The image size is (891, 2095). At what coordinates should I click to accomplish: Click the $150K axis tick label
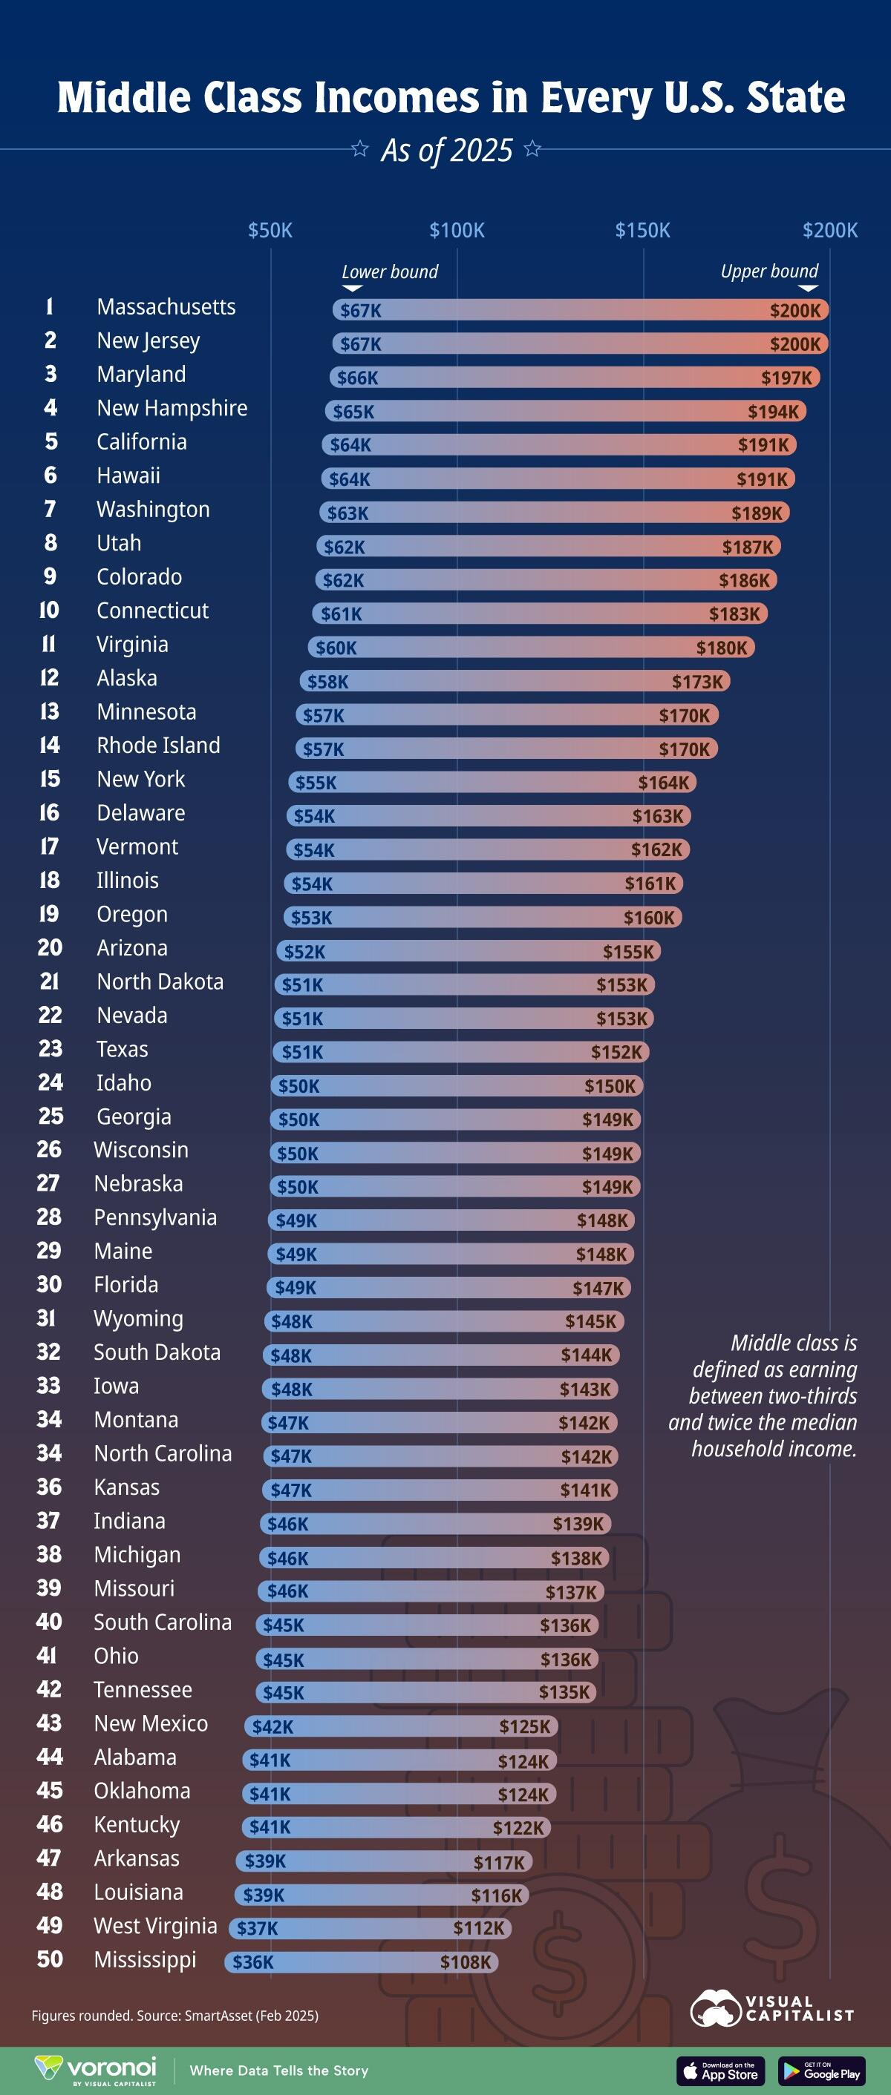click(x=642, y=230)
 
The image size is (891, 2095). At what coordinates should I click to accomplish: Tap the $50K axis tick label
click(x=270, y=230)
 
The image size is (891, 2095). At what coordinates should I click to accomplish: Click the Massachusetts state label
click(x=166, y=306)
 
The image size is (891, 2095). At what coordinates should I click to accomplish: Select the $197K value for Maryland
click(x=786, y=378)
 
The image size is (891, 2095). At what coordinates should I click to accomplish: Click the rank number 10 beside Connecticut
click(x=50, y=610)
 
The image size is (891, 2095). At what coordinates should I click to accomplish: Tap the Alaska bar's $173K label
click(x=696, y=682)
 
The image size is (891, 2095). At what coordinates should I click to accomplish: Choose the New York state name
click(x=141, y=779)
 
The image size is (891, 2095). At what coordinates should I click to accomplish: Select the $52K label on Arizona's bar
click(x=304, y=952)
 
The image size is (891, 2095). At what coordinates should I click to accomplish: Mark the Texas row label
click(x=122, y=1049)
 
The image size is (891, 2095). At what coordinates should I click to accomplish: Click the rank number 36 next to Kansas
click(x=50, y=1487)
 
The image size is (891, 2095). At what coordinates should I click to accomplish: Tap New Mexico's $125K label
click(x=524, y=1726)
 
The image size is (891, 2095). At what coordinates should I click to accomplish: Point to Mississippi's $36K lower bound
click(x=253, y=1962)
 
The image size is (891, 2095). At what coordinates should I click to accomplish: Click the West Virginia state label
click(x=155, y=1926)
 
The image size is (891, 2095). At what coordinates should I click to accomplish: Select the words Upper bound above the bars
click(x=769, y=272)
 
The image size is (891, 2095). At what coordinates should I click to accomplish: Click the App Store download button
click(x=721, y=2071)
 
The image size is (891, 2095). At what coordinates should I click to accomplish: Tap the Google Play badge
click(x=821, y=2071)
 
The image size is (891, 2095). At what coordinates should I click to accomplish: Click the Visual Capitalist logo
click(x=771, y=2008)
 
